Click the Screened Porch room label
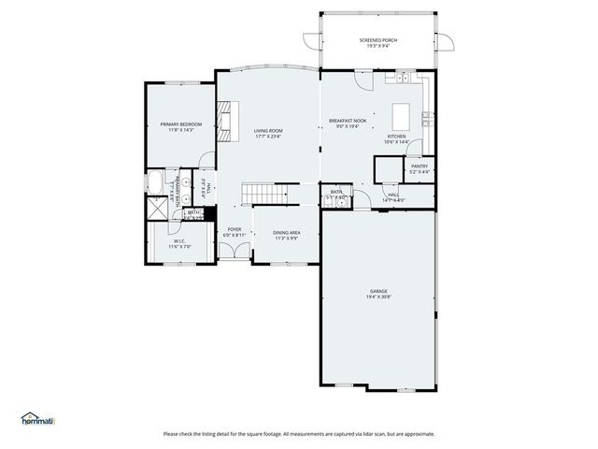coord(377,40)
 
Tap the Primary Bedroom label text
coord(180,124)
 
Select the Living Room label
coord(268,131)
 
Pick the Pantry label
coord(419,167)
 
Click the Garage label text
coord(377,291)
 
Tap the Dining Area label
coord(287,233)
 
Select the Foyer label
coord(234,229)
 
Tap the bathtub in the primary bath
coord(155,183)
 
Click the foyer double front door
coord(241,250)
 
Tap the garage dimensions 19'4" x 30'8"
coord(377,297)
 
